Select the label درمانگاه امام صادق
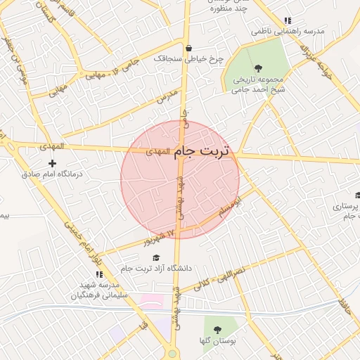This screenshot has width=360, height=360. coord(53,174)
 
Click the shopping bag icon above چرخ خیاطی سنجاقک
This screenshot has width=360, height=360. coord(188,49)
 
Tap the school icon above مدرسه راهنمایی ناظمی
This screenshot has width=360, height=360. coord(287,21)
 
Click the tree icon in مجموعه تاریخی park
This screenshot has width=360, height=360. coord(259,68)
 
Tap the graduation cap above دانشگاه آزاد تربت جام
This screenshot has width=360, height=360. coord(156,257)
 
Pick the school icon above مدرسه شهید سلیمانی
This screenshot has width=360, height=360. coord(98,274)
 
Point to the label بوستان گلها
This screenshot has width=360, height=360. coord(216,340)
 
